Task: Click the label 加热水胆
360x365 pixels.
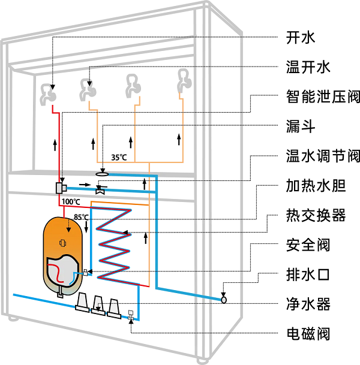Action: coord(313,186)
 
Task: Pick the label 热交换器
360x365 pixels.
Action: coord(313,215)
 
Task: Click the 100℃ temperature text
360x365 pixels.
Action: coord(71,202)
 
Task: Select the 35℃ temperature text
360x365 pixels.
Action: coord(119,158)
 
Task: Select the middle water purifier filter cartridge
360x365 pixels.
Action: coord(98,304)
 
